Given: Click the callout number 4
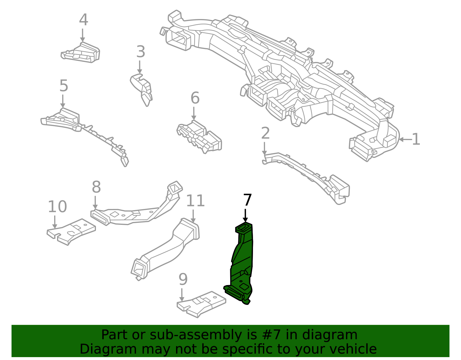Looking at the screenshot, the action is point(83,20).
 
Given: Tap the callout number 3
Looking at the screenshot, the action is point(141,52).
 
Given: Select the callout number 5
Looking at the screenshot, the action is point(64,86).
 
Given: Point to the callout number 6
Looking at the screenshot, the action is point(195,98).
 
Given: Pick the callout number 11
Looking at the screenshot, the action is point(195,201).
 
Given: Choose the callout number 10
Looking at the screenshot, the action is point(57,206).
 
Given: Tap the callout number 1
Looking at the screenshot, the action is point(415,139).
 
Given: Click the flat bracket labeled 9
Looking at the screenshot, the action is point(201,304).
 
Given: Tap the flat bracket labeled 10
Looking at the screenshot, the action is point(71,232).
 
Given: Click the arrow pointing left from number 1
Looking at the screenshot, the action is point(405,140).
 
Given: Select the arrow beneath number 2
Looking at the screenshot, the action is point(264,148).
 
